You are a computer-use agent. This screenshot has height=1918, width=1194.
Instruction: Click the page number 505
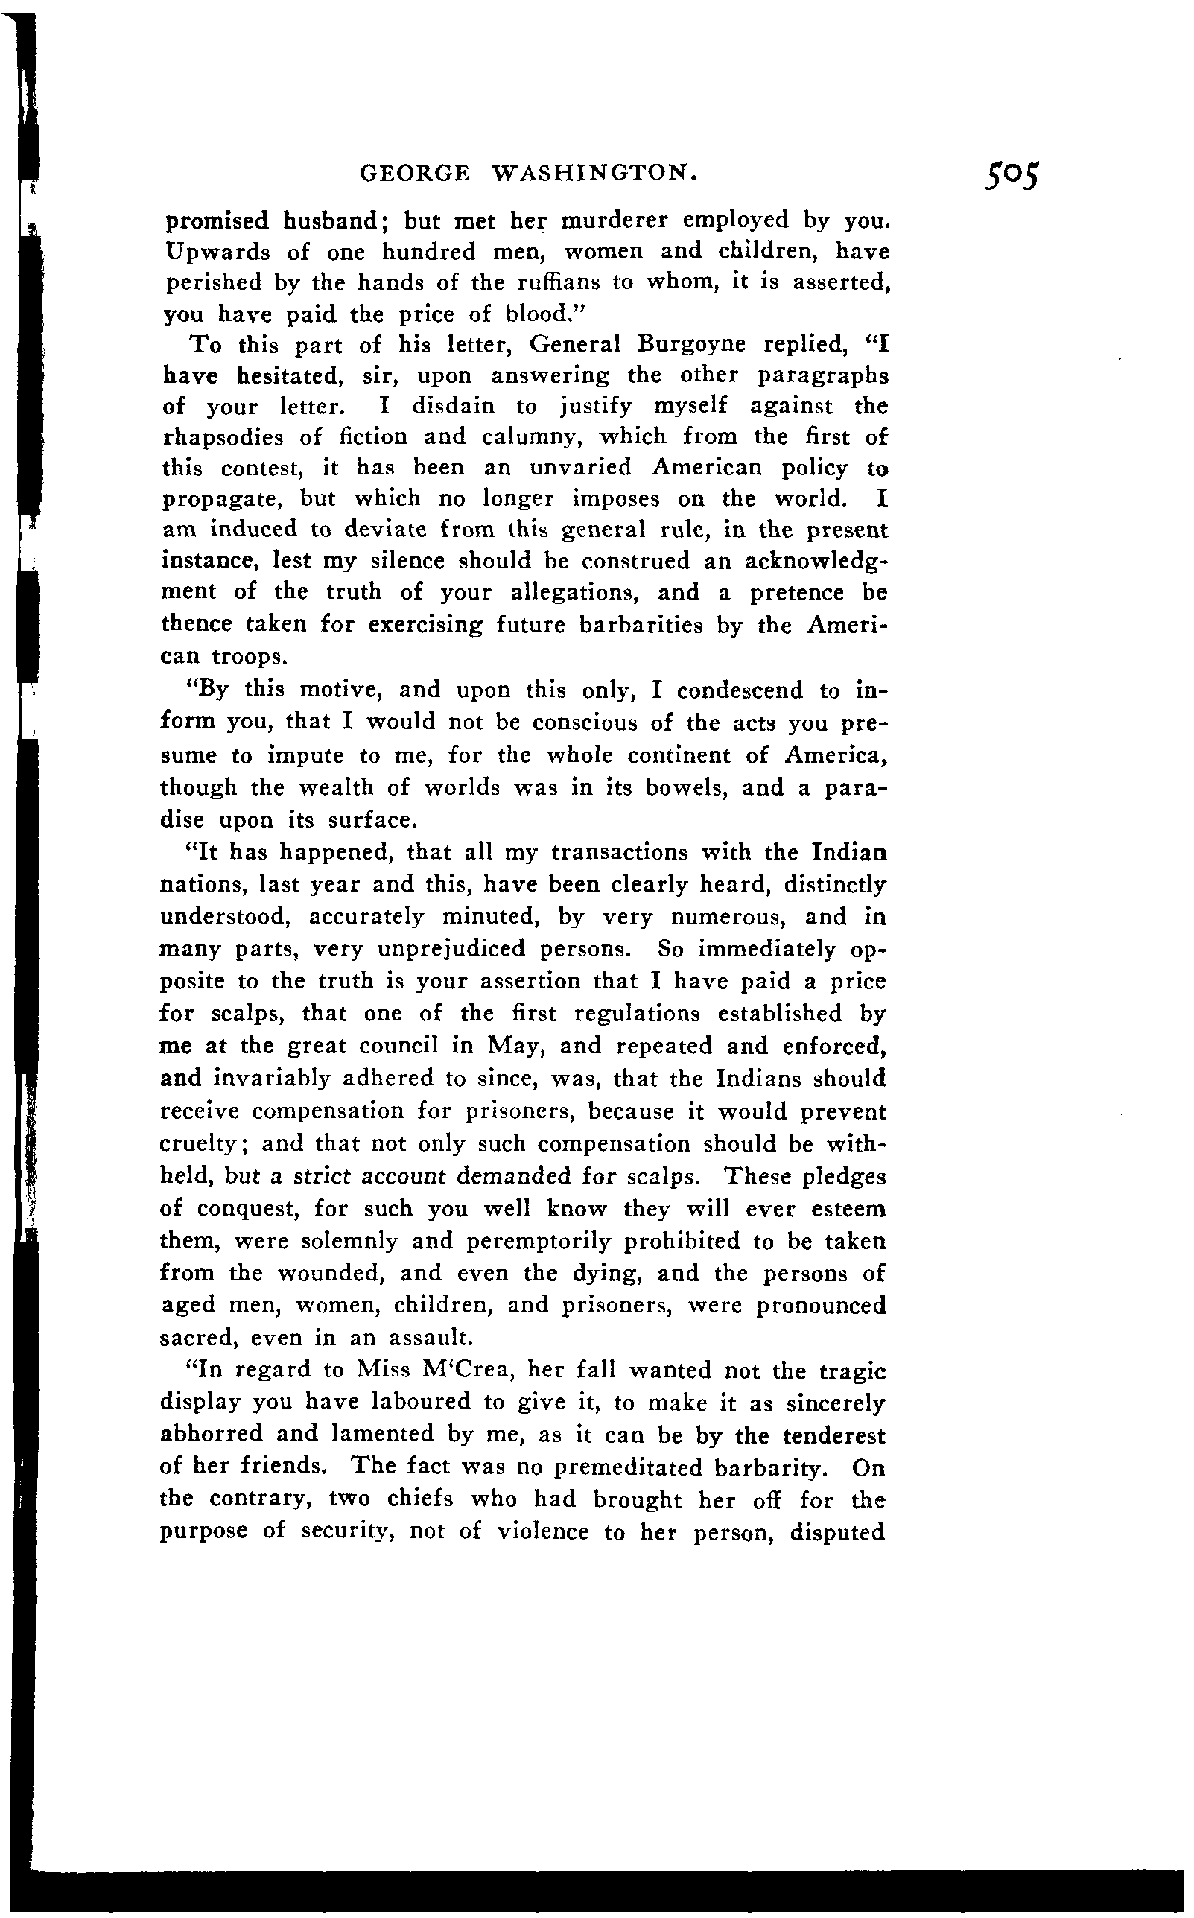[1012, 176]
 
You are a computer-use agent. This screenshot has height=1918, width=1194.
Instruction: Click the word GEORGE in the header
[415, 173]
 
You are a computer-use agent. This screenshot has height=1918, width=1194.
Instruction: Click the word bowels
[685, 787]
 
